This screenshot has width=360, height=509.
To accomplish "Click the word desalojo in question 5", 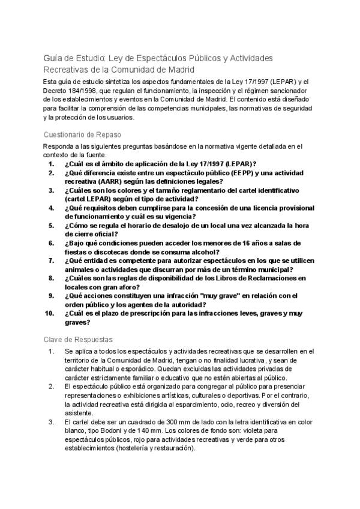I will pyautogui.click(x=164, y=225).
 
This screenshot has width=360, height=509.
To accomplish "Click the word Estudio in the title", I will pyautogui.click(x=89, y=58).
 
